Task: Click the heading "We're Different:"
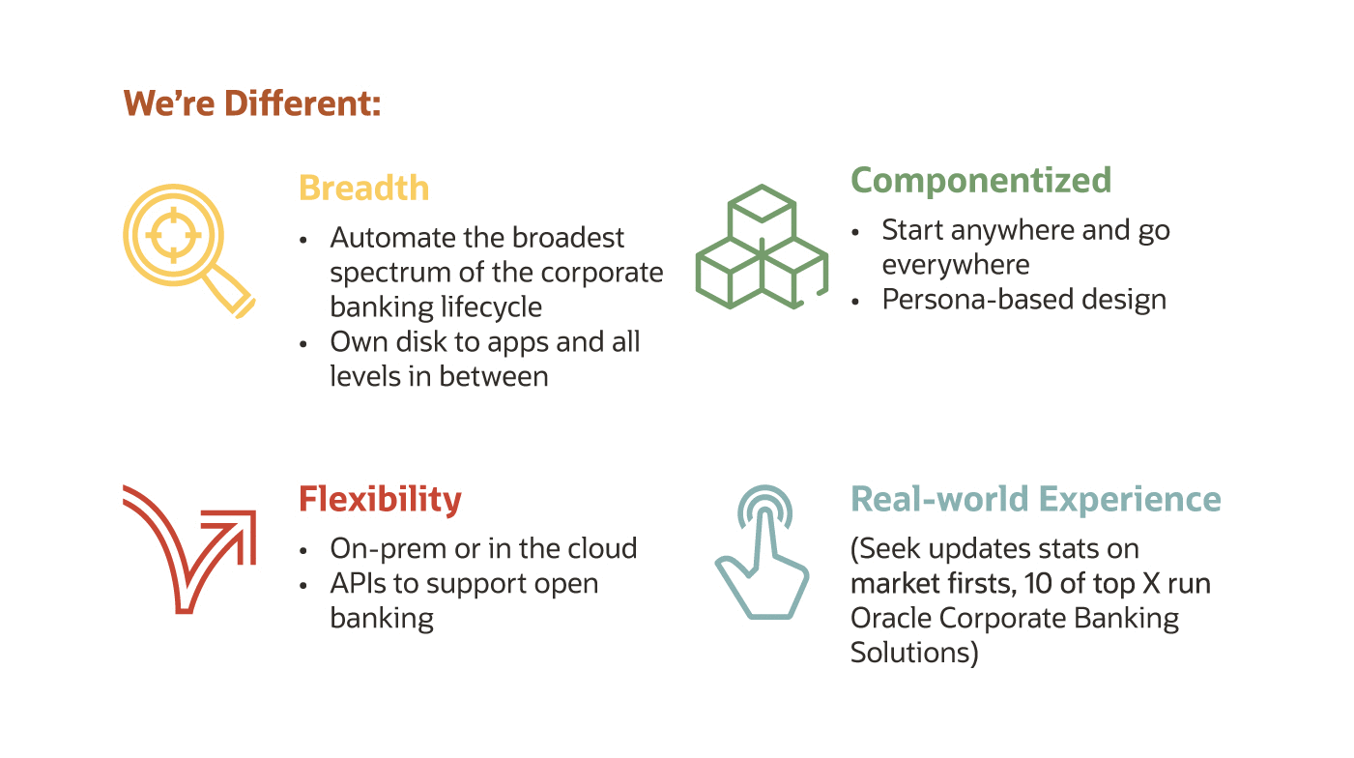(x=251, y=103)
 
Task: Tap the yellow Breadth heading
(x=363, y=187)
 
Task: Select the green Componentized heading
(x=980, y=180)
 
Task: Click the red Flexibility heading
(x=380, y=499)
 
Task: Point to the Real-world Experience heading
(x=1035, y=499)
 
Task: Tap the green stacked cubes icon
(x=762, y=248)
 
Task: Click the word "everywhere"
(x=955, y=265)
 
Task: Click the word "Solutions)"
(x=914, y=654)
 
